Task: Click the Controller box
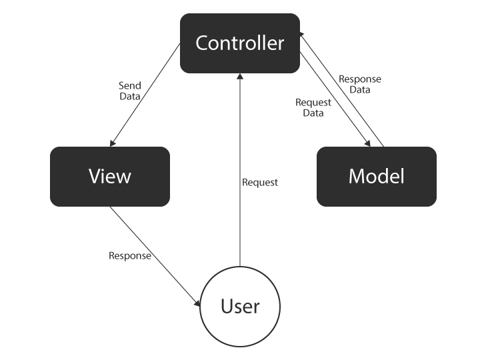pyautogui.click(x=240, y=43)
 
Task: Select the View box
pyautogui.click(x=110, y=177)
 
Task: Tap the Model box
pyautogui.click(x=377, y=177)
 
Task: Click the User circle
pyautogui.click(x=240, y=307)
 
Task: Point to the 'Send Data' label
pyautogui.click(x=129, y=91)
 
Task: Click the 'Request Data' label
pyautogui.click(x=313, y=108)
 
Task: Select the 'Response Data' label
pyautogui.click(x=360, y=84)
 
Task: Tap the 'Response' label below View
pyautogui.click(x=130, y=256)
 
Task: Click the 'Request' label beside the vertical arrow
pyautogui.click(x=260, y=182)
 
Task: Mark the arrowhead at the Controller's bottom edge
pyautogui.click(x=240, y=77)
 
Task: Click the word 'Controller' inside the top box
pyautogui.click(x=240, y=43)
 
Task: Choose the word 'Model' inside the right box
pyautogui.click(x=377, y=177)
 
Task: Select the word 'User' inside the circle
pyautogui.click(x=240, y=307)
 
